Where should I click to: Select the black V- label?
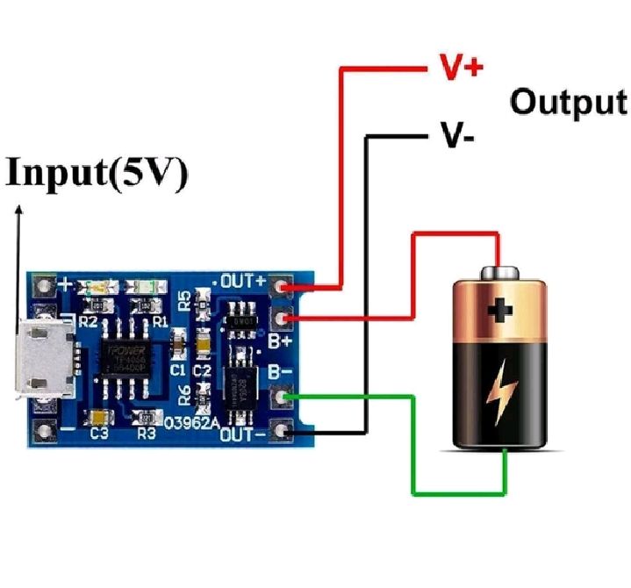[x=459, y=137]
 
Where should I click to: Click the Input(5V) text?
[x=97, y=173]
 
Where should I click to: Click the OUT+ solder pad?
[x=282, y=287]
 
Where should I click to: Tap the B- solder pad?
[x=282, y=399]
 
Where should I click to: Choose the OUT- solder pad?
[x=282, y=431]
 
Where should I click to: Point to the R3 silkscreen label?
[x=147, y=432]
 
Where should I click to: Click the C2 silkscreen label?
[x=203, y=370]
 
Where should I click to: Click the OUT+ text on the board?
[x=243, y=282]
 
